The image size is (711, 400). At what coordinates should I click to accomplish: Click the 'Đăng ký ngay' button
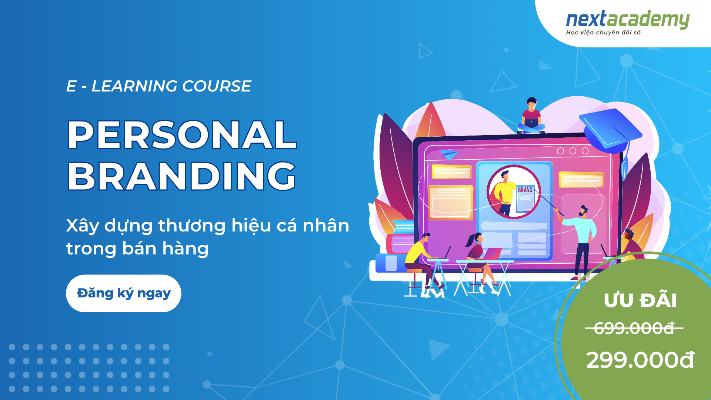pos(123,293)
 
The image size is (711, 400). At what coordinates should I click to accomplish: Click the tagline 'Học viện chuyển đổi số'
pos(603,33)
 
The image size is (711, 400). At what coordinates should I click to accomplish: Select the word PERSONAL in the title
pos(182,135)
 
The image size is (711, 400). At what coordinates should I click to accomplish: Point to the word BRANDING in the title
pos(181,176)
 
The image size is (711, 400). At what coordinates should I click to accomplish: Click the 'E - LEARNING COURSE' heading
pos(158,86)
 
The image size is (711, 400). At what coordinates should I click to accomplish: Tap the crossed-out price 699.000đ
pos(634,328)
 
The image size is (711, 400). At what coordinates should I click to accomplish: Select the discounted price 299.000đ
pos(640,360)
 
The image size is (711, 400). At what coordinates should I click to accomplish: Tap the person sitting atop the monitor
pos(531,116)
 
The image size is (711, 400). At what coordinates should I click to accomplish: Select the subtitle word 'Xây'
pos(83,226)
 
